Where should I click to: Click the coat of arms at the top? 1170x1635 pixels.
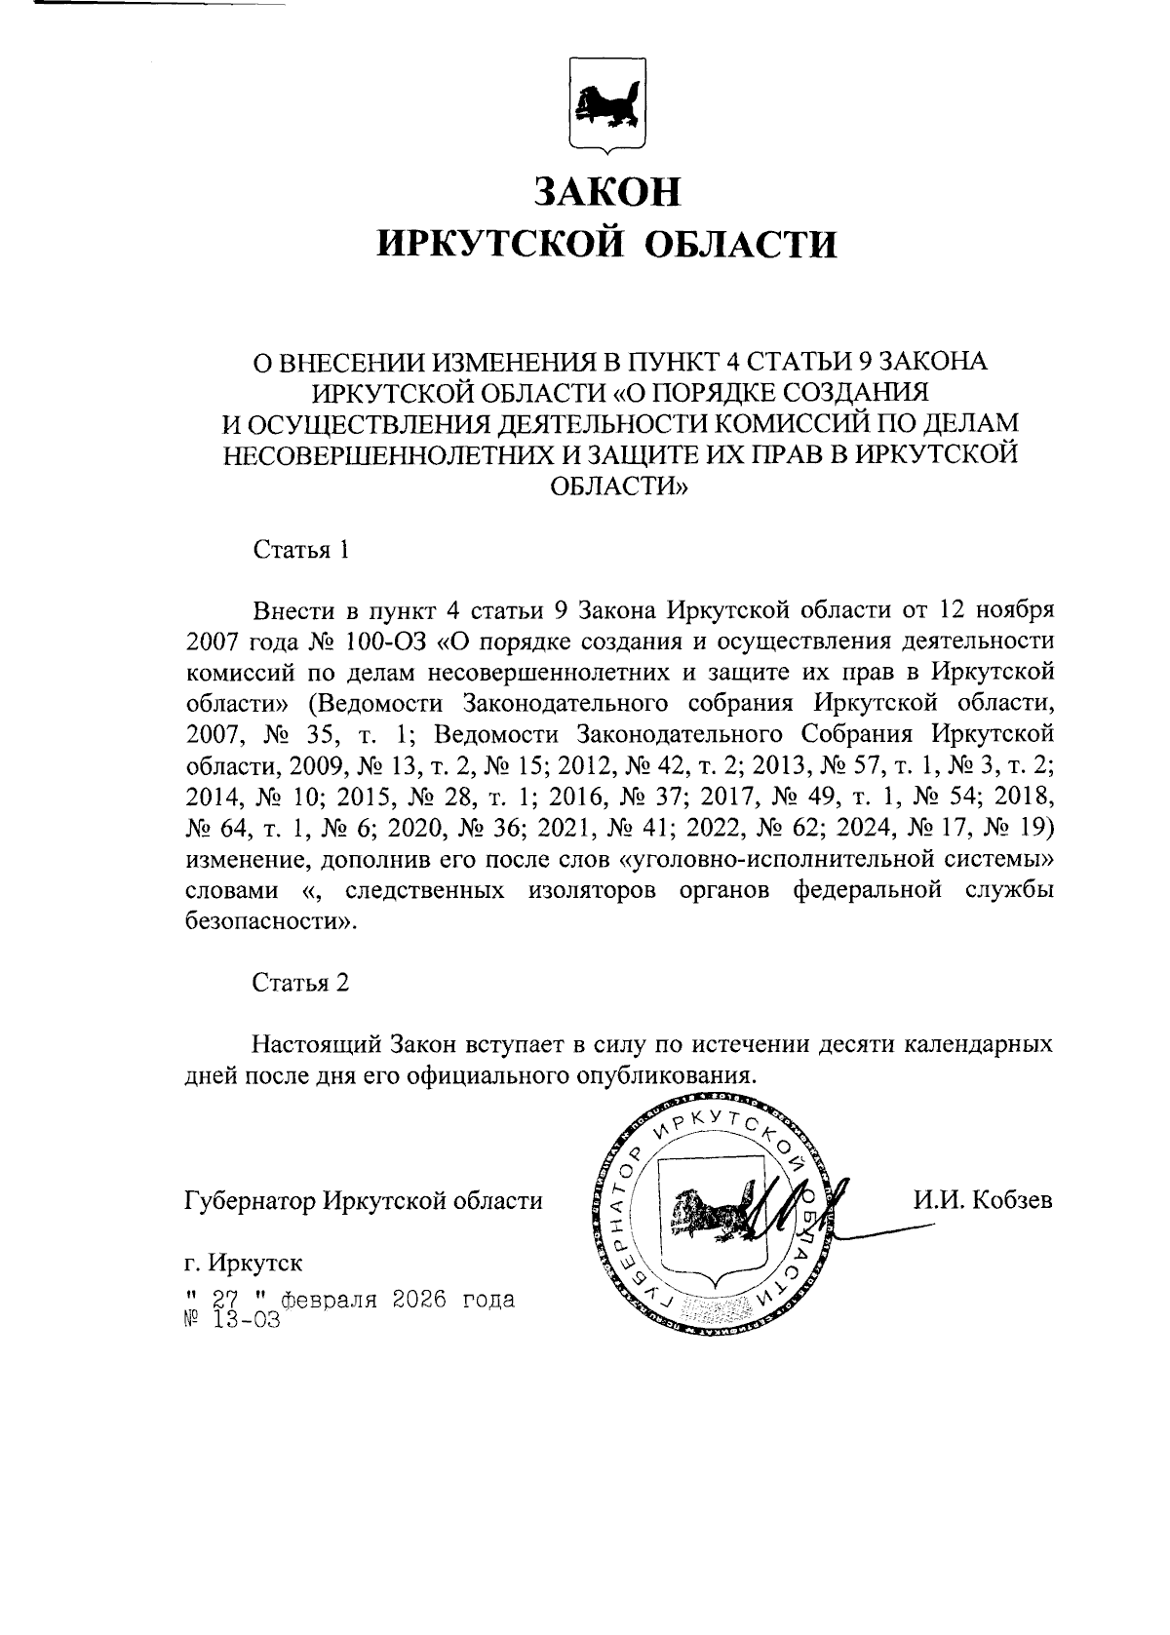[x=606, y=105]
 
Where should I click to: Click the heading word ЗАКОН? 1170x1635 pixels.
[x=606, y=192]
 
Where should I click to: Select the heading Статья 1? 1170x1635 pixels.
[x=300, y=550]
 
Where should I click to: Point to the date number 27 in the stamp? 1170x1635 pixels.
[x=225, y=1301]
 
